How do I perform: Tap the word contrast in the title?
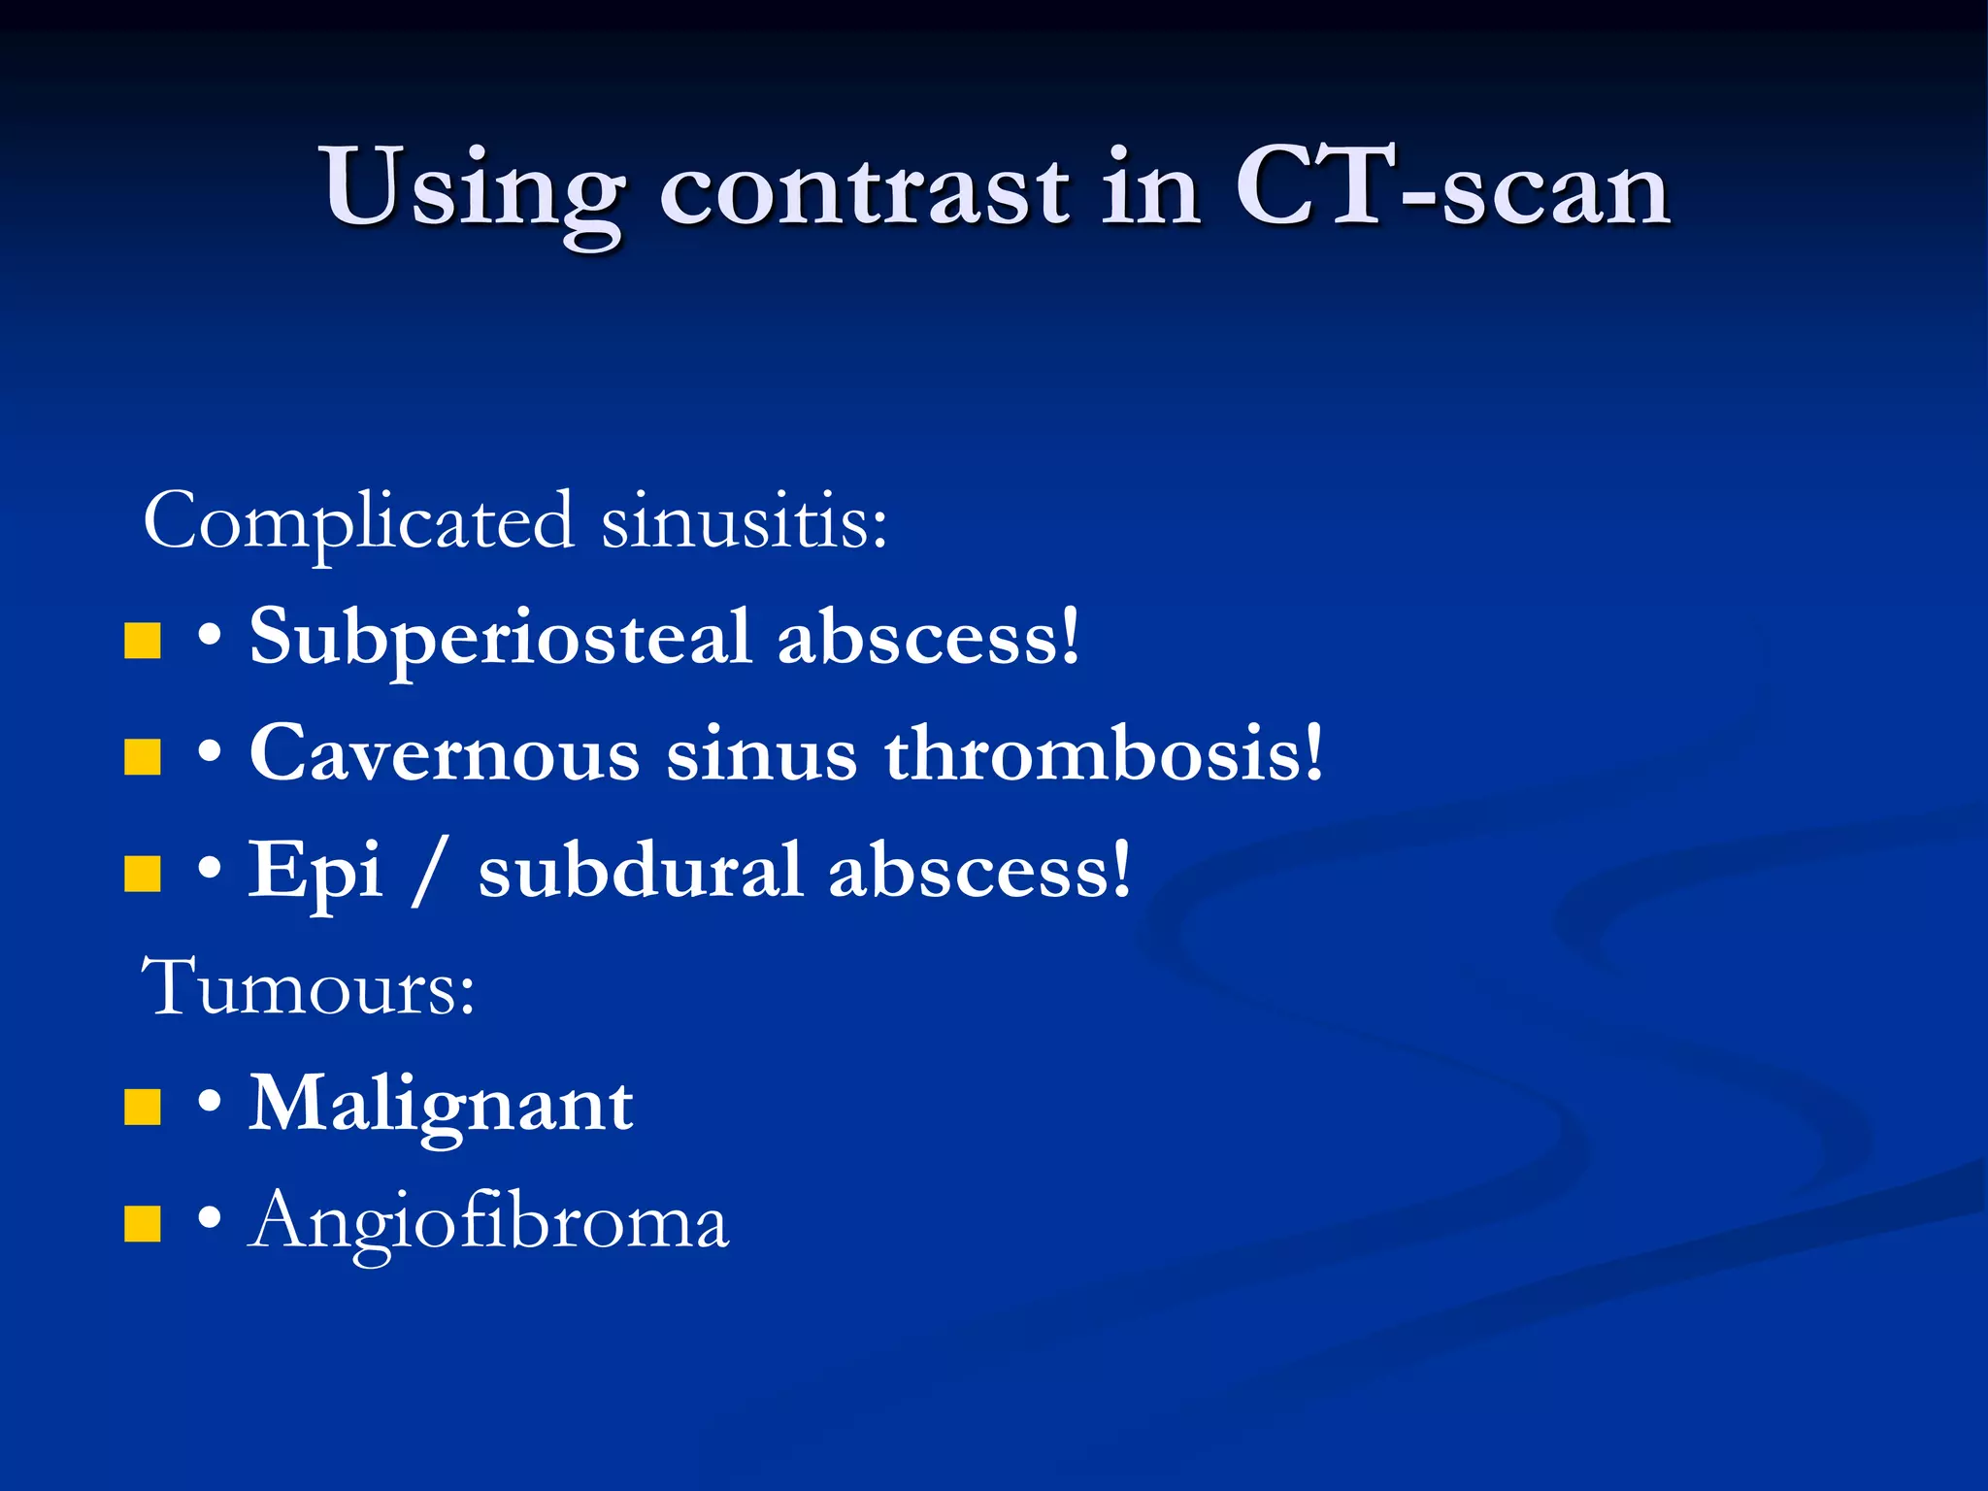click(x=864, y=189)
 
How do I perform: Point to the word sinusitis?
click(x=744, y=522)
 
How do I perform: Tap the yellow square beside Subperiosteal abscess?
click(x=143, y=642)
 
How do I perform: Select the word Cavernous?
click(x=445, y=754)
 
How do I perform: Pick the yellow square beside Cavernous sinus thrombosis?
click(x=143, y=757)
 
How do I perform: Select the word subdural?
click(x=641, y=871)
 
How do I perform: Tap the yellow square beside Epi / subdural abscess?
click(x=143, y=874)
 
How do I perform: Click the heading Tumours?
click(x=309, y=988)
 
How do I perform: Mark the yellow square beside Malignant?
click(x=143, y=1107)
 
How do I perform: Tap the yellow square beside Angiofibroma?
click(x=143, y=1224)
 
